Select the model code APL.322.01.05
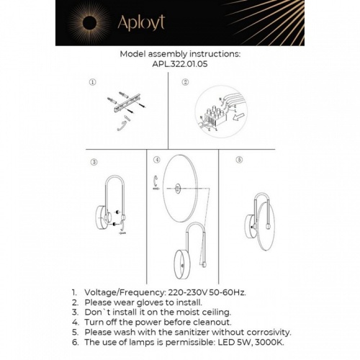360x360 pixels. point(179,63)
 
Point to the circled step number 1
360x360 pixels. point(93,82)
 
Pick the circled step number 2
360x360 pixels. point(185,82)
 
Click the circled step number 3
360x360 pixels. point(93,162)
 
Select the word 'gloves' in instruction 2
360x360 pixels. point(151,303)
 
